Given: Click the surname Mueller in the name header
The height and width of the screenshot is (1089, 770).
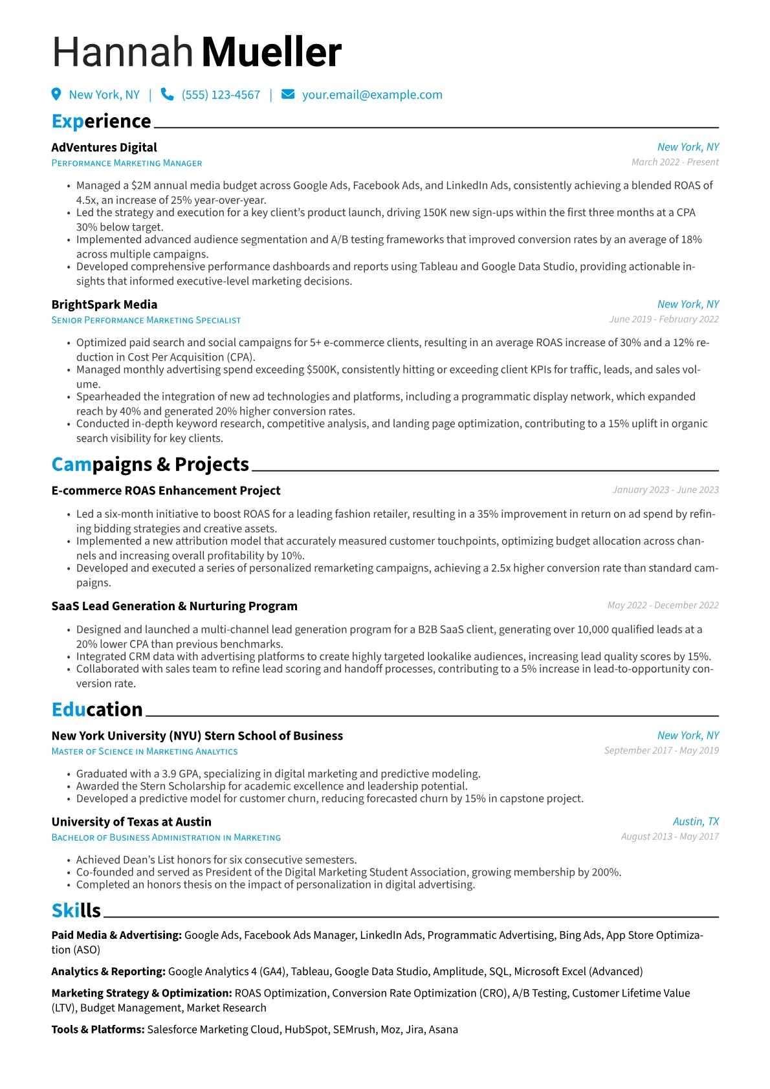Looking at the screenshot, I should [x=271, y=52].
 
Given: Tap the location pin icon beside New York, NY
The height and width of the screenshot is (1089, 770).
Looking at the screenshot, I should [x=56, y=94].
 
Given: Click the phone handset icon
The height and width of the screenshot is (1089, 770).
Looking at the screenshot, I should [x=167, y=94].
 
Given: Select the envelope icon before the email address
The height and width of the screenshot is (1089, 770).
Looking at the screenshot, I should [x=288, y=94].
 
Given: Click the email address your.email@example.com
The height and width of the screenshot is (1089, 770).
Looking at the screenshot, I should [x=372, y=95].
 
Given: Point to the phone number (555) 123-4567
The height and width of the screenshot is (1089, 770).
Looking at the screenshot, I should [x=221, y=95].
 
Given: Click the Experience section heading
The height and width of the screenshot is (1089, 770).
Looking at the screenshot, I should [x=101, y=121].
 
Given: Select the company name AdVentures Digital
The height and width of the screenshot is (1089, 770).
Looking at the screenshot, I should [x=104, y=148].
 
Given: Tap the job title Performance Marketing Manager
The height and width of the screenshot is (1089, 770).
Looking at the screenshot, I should [x=127, y=164].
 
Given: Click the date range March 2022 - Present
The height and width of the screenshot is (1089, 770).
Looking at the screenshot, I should [x=675, y=162].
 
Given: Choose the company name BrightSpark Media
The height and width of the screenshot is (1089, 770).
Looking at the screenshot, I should [x=104, y=305].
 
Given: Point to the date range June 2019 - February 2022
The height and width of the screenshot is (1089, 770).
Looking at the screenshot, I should [x=664, y=320].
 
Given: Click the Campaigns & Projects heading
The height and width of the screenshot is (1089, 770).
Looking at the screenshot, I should [x=150, y=464].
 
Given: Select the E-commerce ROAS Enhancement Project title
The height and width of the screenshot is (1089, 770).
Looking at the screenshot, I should [x=166, y=490].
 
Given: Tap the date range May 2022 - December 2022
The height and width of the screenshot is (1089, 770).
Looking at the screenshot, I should [x=663, y=606].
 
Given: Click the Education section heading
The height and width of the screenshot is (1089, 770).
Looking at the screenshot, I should [x=97, y=709].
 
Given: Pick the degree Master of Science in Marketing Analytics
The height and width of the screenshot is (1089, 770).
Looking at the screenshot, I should [x=144, y=752].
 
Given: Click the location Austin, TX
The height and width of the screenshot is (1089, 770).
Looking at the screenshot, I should [x=696, y=822].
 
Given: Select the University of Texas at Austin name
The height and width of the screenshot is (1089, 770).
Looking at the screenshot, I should [x=131, y=822].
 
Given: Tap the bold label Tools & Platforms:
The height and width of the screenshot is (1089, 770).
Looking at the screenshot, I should [x=98, y=1029].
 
